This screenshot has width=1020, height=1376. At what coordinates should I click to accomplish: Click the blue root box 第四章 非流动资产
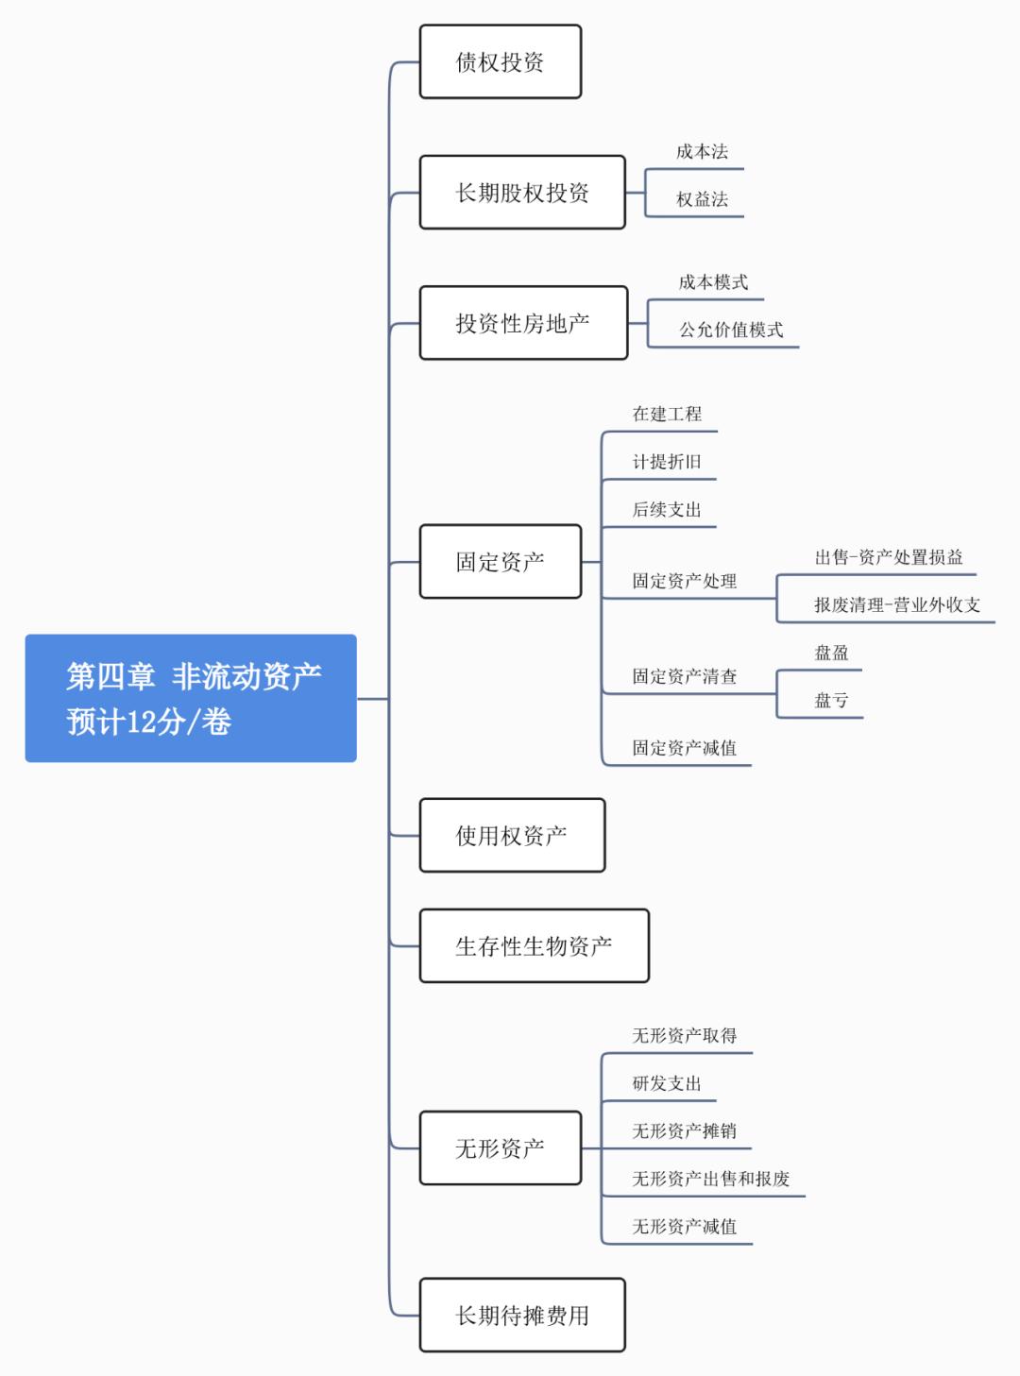(191, 698)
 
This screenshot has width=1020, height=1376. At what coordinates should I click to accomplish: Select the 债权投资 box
(500, 62)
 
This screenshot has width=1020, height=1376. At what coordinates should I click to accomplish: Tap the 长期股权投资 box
(522, 193)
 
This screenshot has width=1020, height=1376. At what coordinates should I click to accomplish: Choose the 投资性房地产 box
(523, 323)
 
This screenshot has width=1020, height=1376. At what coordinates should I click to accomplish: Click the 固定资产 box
(500, 562)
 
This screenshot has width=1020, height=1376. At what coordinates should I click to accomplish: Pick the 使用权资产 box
(512, 836)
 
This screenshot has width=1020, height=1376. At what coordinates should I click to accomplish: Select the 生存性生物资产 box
(534, 946)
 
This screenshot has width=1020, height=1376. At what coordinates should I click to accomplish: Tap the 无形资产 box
(500, 1148)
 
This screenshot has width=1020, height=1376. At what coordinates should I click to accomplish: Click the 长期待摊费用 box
(522, 1316)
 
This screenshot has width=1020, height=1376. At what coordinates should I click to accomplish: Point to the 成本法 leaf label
(702, 152)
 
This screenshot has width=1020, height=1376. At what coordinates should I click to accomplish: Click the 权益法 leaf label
(702, 199)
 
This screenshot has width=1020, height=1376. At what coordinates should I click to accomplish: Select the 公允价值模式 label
(731, 330)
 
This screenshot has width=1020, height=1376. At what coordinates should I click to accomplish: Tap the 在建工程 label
(667, 414)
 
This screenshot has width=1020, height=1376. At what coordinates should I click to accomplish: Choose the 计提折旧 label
(667, 462)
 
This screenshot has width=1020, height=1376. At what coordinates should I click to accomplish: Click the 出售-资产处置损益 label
(889, 557)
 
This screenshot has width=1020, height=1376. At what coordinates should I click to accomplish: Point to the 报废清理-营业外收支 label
(897, 605)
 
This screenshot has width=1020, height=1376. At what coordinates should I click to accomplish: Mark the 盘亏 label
(831, 701)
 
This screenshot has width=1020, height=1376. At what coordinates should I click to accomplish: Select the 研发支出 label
(667, 1083)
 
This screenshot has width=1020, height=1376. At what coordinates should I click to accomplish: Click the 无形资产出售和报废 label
(710, 1179)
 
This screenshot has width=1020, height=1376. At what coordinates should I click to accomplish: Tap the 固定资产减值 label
(684, 748)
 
